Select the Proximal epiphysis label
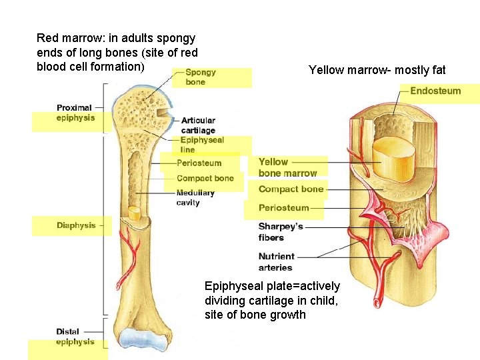tap(75, 113)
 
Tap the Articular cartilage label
tap(198, 125)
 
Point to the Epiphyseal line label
tap(201, 145)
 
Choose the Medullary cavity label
tap(195, 197)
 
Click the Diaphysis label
tap(76, 225)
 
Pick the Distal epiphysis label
tap(75, 337)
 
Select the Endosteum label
tap(435, 91)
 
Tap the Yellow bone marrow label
tap(287, 167)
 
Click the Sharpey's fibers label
tap(280, 232)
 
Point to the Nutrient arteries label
tap(276, 261)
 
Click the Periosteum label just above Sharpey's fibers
tap(283, 208)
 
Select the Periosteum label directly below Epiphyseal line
tap(199, 163)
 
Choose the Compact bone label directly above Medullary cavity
tap(205, 178)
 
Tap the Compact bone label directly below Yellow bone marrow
tap(291, 189)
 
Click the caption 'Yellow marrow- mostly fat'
tap(377, 70)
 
